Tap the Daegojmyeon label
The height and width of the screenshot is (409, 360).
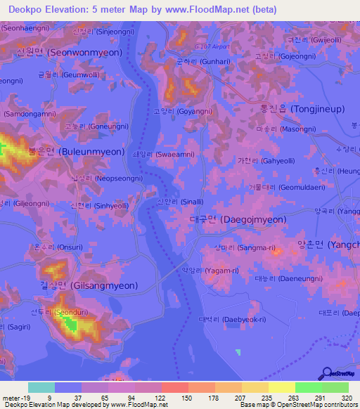238,219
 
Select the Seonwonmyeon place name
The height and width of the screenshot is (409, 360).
69,53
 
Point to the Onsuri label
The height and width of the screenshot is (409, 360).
53,247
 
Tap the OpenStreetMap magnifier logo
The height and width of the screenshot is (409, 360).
326,373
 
